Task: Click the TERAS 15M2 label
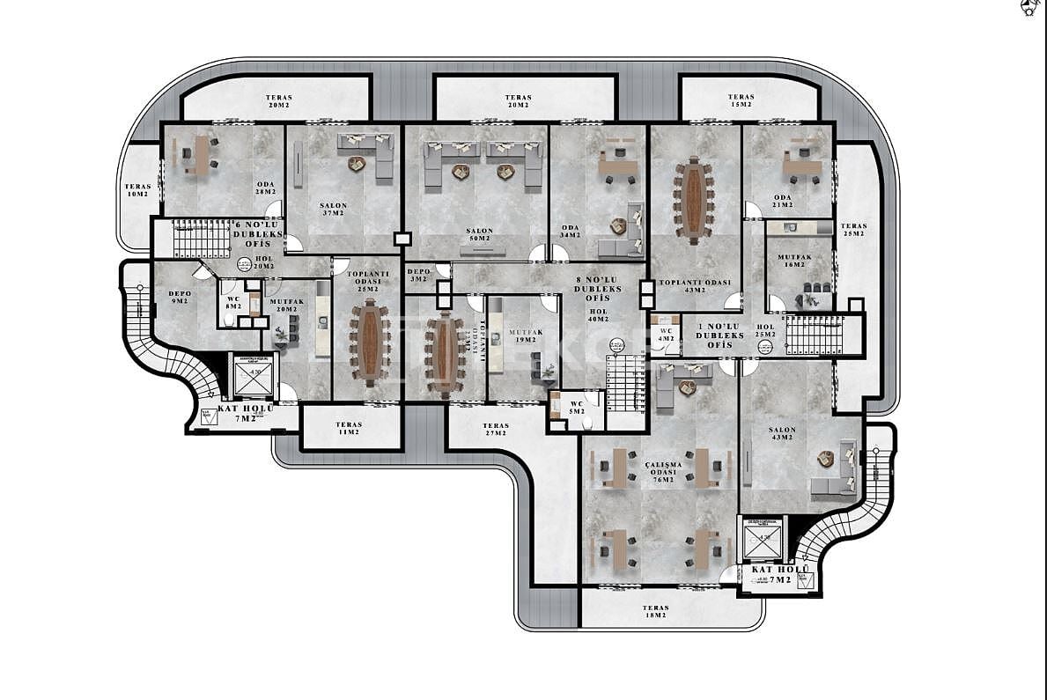point(741,101)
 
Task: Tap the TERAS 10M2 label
point(137,190)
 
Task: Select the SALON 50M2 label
point(481,235)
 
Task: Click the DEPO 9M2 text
point(180,296)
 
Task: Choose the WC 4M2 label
point(665,335)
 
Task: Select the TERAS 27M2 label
point(495,429)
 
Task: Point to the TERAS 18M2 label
point(655,612)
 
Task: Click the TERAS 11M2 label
point(349,429)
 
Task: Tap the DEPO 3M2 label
point(418,276)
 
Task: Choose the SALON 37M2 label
point(334,210)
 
